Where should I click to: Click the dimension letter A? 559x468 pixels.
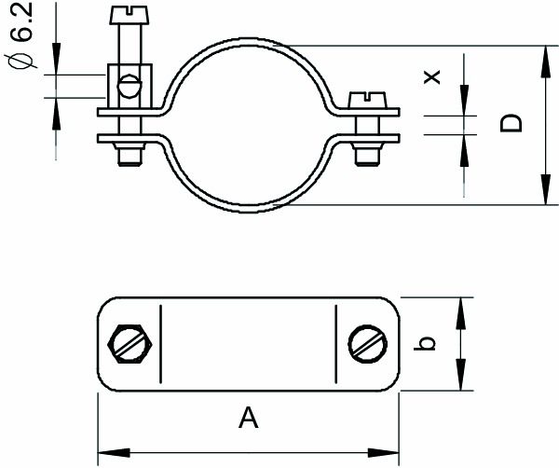tap(247, 420)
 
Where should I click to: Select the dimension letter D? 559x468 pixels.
tap(511, 124)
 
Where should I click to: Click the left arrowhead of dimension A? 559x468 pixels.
tap(103, 453)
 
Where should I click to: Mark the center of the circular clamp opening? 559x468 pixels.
tap(252, 124)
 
